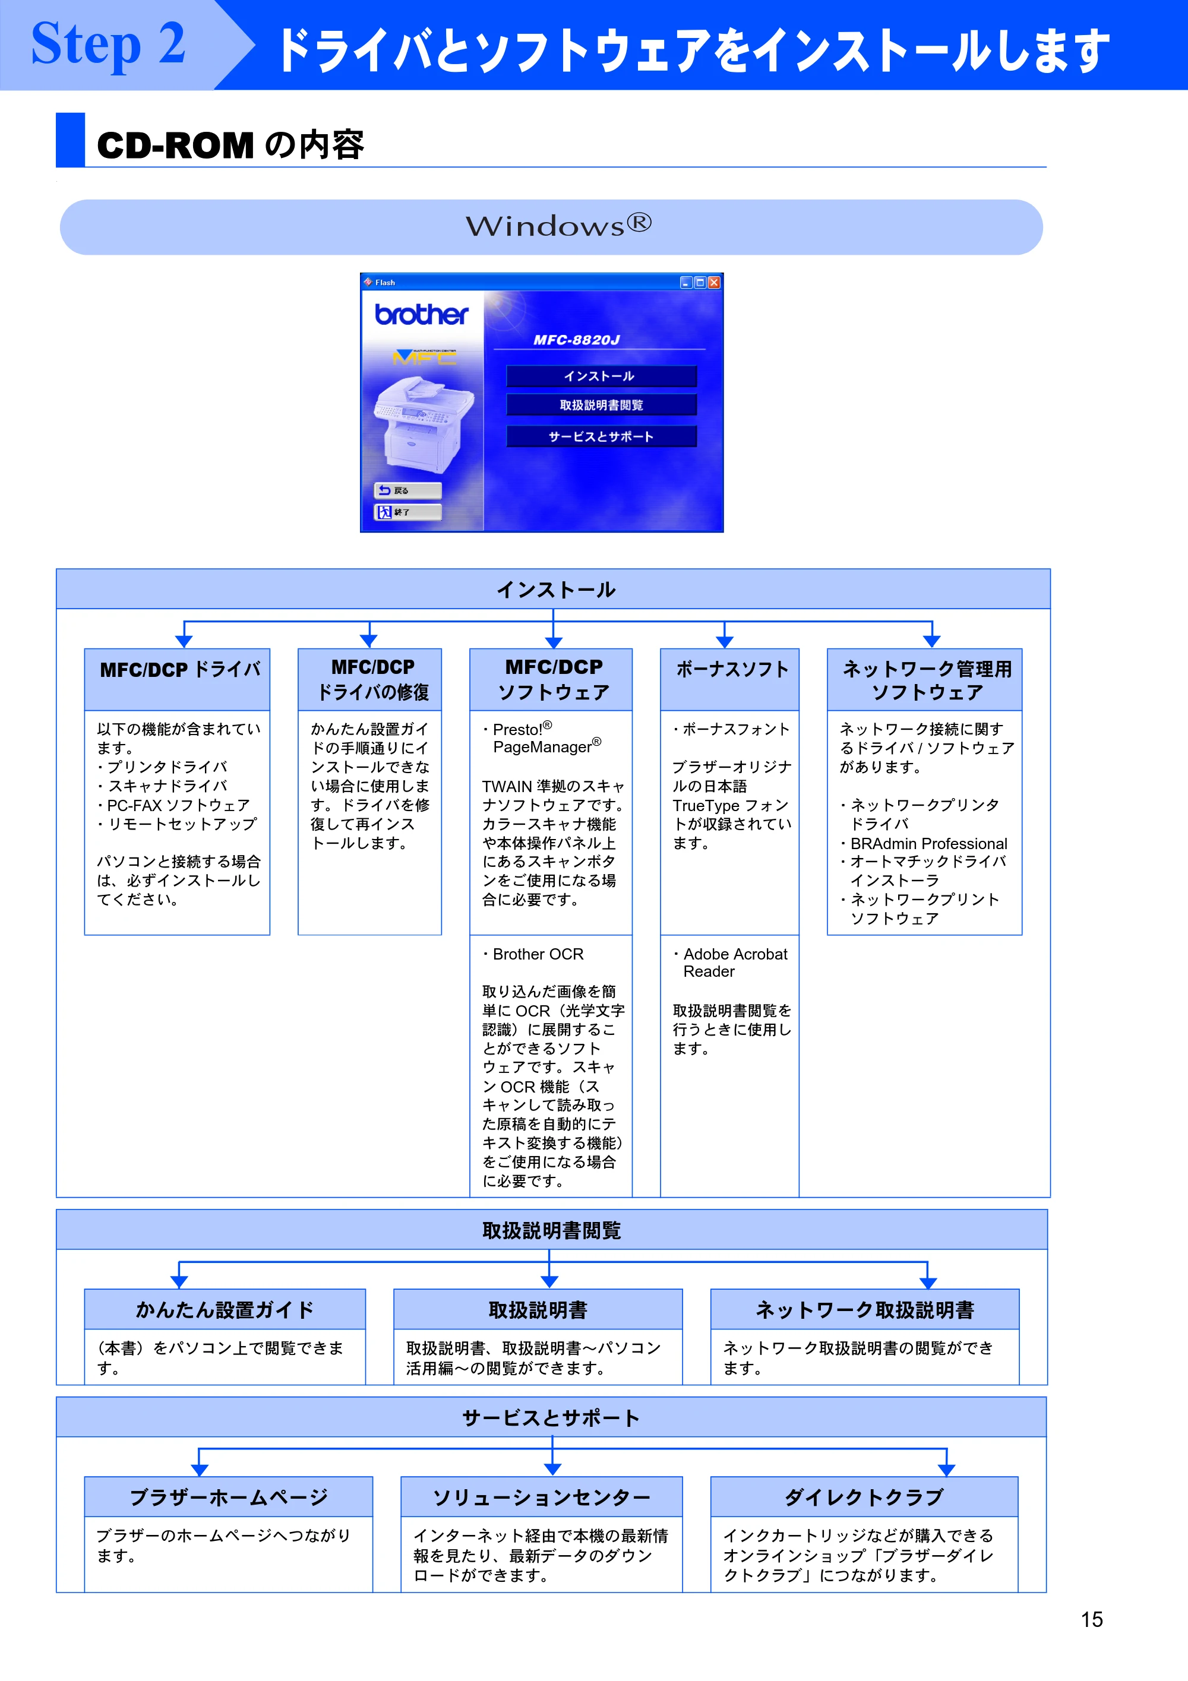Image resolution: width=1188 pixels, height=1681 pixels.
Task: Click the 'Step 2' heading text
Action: [108, 44]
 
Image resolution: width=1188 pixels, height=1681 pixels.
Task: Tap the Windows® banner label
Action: [558, 226]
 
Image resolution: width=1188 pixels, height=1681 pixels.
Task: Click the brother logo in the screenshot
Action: [421, 314]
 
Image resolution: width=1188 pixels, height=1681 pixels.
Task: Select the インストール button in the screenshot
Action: [601, 376]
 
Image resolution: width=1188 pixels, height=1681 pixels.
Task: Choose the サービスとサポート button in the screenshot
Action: [601, 436]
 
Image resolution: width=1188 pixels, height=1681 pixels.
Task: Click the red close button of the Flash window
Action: [714, 283]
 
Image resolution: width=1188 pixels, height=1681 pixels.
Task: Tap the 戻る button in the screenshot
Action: [408, 490]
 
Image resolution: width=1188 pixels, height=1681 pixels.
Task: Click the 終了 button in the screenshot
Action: [408, 512]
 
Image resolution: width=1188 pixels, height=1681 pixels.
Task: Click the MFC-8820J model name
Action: [576, 340]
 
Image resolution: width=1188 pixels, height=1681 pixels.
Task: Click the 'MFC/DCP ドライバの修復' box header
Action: [370, 679]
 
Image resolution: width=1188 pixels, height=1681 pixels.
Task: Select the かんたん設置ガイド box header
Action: [225, 1309]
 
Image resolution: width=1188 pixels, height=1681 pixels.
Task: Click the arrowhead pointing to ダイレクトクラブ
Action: [946, 1470]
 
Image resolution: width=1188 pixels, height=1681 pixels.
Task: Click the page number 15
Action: [1091, 1619]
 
